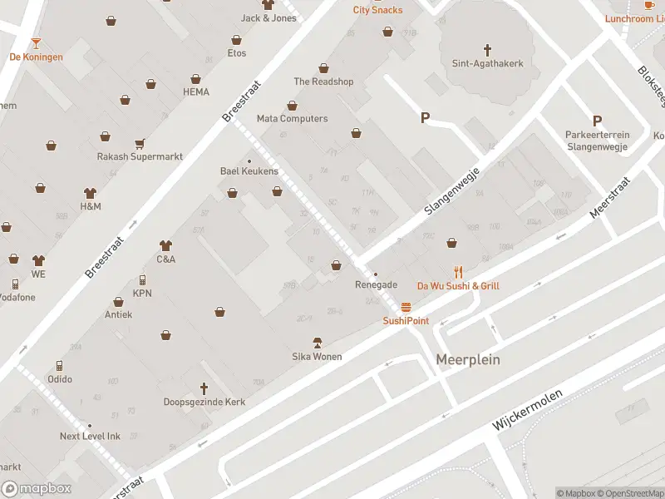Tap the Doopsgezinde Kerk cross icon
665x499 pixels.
pyautogui.click(x=204, y=388)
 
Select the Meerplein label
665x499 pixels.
pyautogui.click(x=468, y=359)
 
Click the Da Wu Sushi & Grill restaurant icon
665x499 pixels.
pyautogui.click(x=458, y=272)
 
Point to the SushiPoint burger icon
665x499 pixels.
pyautogui.click(x=406, y=307)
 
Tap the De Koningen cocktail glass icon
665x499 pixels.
pyautogui.click(x=36, y=43)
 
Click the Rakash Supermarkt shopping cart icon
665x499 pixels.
pyautogui.click(x=140, y=143)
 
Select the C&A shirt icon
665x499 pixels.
pyautogui.click(x=165, y=245)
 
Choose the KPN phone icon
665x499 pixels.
pyautogui.click(x=142, y=280)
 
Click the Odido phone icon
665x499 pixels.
pyautogui.click(x=59, y=366)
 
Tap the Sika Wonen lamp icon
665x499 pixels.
pyautogui.click(x=317, y=343)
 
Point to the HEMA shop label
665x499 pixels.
pyautogui.click(x=196, y=91)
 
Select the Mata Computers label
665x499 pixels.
pyautogui.click(x=292, y=119)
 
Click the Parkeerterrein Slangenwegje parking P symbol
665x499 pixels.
pyautogui.click(x=597, y=121)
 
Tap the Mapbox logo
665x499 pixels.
pyautogui.click(x=37, y=489)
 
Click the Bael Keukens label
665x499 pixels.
pyautogui.click(x=249, y=171)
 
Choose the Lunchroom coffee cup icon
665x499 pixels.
pyautogui.click(x=649, y=5)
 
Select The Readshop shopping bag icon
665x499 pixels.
pyautogui.click(x=323, y=68)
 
